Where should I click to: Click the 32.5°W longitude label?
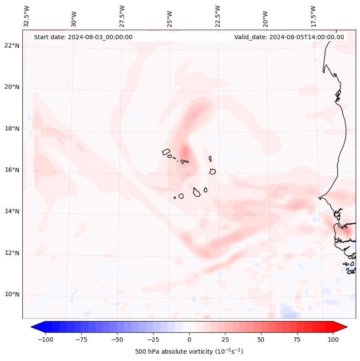tap(26, 16)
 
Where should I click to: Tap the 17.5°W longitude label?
tap(313, 16)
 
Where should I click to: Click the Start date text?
tap(83, 37)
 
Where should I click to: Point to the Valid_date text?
tap(289, 37)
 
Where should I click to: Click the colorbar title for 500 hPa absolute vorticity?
tap(189, 352)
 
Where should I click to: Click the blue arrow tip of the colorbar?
tap(33, 327)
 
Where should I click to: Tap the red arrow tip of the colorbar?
tap(346, 327)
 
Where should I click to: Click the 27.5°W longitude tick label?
tap(122, 16)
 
